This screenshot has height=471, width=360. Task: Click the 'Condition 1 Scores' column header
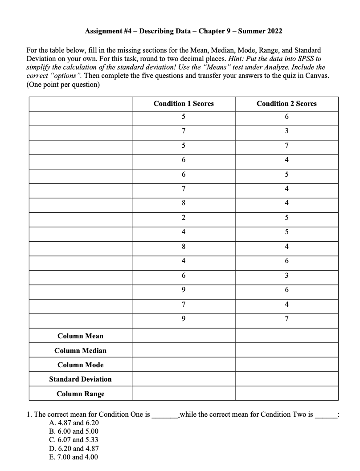click(183, 104)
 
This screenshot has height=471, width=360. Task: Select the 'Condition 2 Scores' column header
click(286, 104)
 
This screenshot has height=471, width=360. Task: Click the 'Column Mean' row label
click(80, 336)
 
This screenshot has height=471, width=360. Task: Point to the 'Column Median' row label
click(80, 350)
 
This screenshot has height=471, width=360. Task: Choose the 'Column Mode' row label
click(80, 365)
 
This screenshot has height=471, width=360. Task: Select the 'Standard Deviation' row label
click(80, 379)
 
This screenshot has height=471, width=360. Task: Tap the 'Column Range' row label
click(80, 394)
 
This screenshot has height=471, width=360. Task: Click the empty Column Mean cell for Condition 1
click(183, 336)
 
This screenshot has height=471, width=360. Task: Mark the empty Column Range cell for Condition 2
click(286, 394)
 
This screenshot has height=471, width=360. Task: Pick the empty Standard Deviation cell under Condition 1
click(183, 379)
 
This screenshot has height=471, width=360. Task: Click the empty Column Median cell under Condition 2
click(286, 350)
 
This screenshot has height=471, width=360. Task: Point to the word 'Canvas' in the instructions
click(317, 76)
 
